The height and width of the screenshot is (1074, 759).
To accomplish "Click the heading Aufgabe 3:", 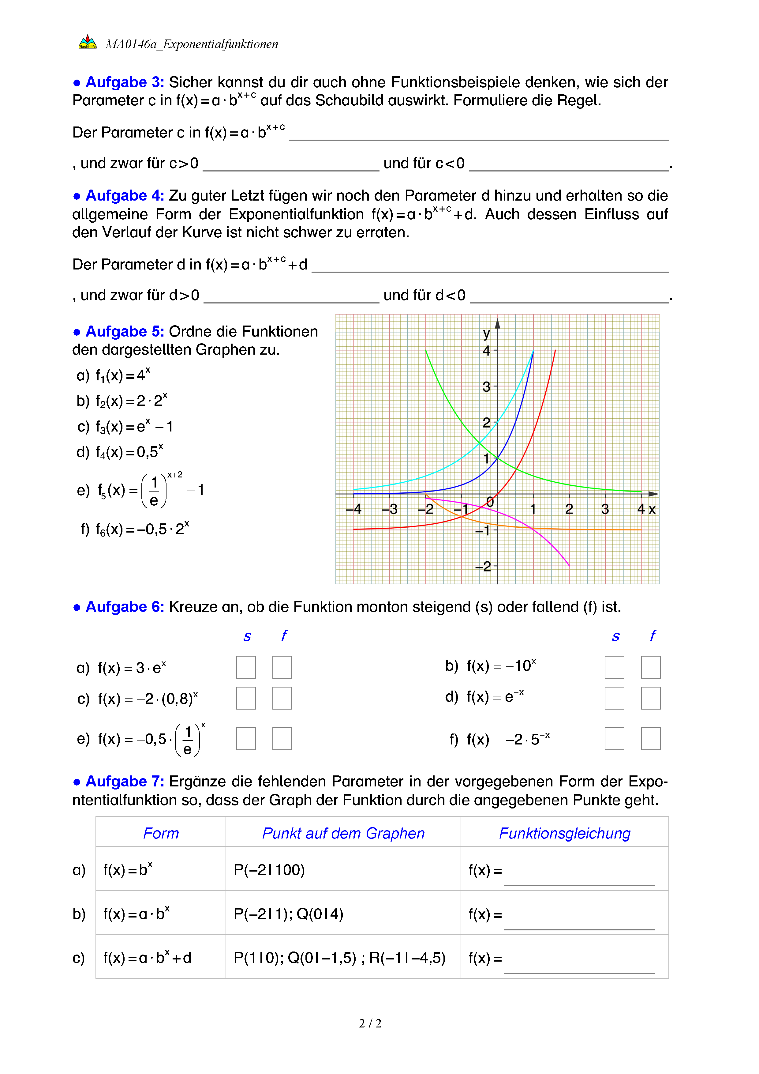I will [x=124, y=82].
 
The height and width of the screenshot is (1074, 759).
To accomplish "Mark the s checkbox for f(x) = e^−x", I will [x=614, y=698].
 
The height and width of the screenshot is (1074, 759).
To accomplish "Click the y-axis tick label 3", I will [x=486, y=387].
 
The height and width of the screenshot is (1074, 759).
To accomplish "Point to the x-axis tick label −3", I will [x=389, y=509].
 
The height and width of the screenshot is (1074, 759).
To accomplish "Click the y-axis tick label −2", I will [x=483, y=567].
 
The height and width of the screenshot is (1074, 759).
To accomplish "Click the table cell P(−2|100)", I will [x=269, y=870].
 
